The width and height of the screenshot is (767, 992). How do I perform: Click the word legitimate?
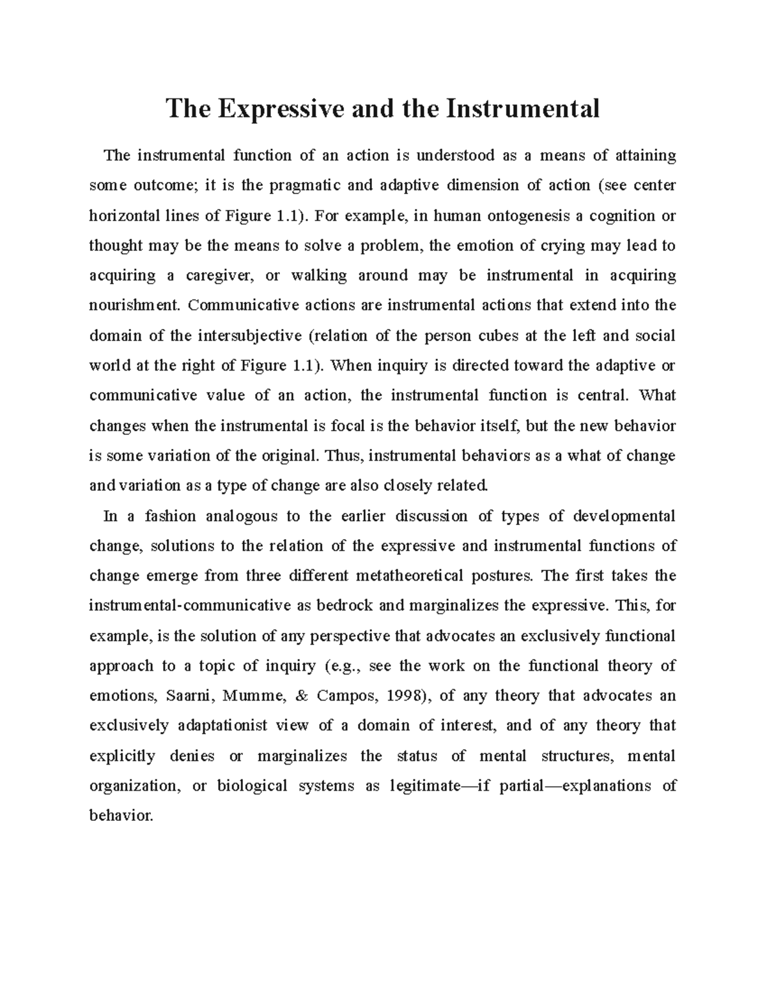pos(424,786)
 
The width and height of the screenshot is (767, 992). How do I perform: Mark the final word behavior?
pos(121,816)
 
